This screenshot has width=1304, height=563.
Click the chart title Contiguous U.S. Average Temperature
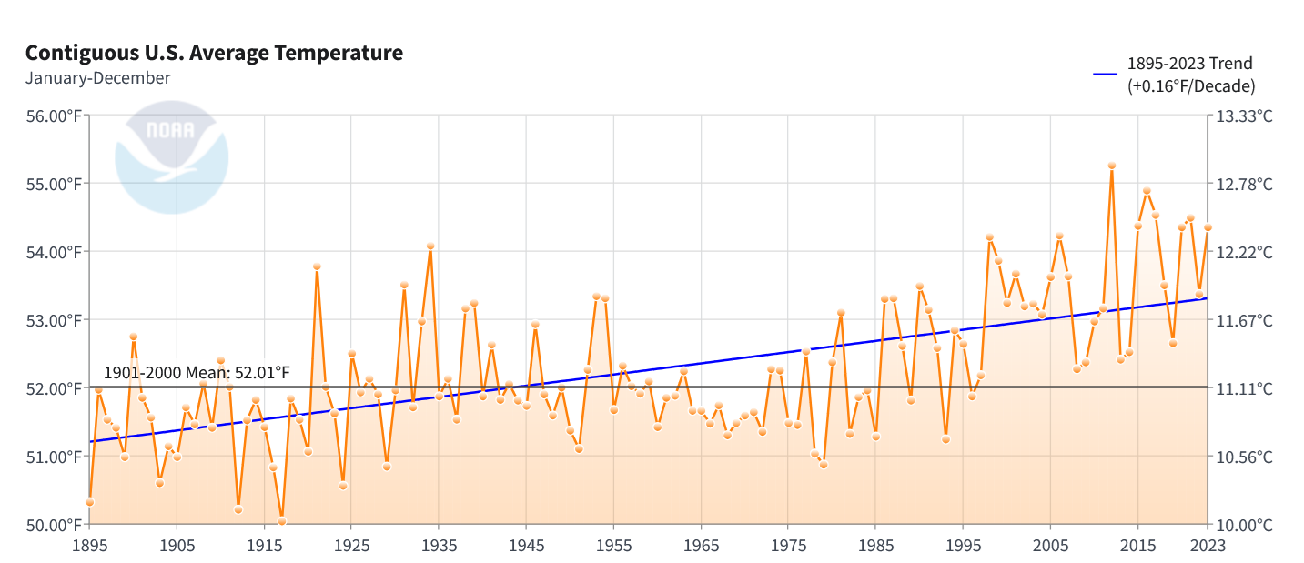[214, 53]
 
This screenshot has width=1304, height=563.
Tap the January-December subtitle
[97, 78]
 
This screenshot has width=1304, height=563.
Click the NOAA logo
[171, 157]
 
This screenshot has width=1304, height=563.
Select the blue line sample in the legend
[1104, 75]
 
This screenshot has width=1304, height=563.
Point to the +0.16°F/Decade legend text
[1191, 86]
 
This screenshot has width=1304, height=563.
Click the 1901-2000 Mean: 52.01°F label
[197, 373]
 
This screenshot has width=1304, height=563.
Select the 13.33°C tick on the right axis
[1245, 116]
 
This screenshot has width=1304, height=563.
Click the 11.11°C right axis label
[1245, 388]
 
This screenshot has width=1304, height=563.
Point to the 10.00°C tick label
[1245, 525]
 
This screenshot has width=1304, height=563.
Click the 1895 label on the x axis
[89, 545]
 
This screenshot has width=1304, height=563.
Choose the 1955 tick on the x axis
[613, 545]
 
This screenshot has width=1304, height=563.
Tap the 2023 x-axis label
[1207, 545]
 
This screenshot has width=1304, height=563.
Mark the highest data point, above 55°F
[1111, 166]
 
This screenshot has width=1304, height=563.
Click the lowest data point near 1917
[282, 521]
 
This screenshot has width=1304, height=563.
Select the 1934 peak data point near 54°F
[430, 246]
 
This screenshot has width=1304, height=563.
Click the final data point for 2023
[1208, 227]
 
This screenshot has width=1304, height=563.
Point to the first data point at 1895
[89, 502]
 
